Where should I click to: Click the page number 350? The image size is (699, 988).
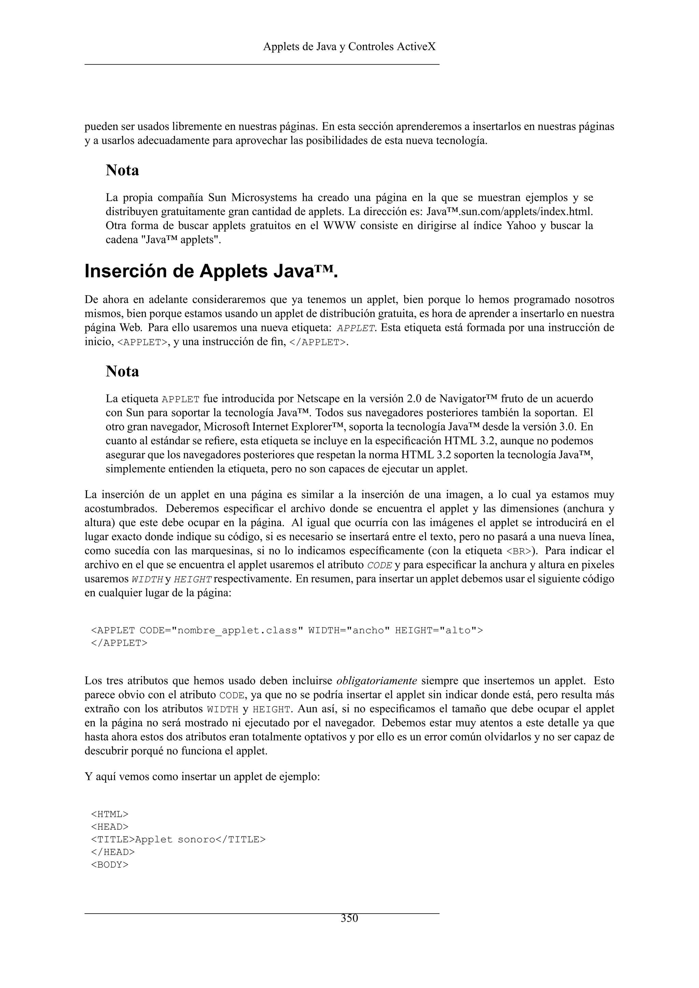(x=349, y=919)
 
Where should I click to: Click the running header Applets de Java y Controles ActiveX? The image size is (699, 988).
(x=349, y=46)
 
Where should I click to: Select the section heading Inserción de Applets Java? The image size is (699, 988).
(x=211, y=272)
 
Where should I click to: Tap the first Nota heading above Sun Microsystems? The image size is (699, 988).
(x=122, y=170)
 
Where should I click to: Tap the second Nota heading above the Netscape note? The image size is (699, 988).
(x=122, y=372)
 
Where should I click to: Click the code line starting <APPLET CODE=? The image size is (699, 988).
(x=287, y=631)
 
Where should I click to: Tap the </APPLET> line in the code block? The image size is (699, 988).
(x=119, y=643)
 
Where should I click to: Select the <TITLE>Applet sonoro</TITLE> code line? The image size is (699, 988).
(x=178, y=840)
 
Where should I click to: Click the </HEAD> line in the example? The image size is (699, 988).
(x=113, y=852)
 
